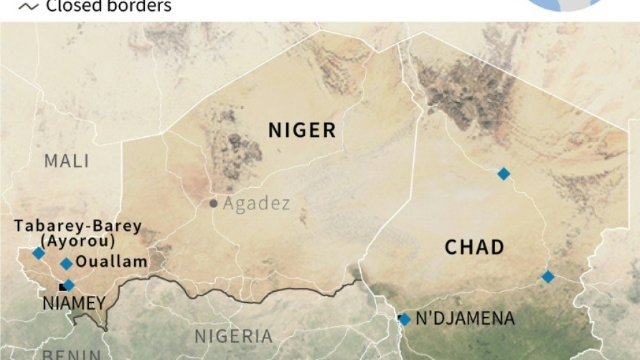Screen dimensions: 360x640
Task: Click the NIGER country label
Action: point(302,130)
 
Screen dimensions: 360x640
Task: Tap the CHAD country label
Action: point(475,247)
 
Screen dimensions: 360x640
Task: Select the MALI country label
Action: point(67,161)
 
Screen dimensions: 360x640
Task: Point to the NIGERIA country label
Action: point(234,336)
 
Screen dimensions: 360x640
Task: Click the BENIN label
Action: point(71,355)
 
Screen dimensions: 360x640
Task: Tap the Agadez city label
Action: point(256,203)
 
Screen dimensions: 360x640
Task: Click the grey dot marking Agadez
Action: point(213,203)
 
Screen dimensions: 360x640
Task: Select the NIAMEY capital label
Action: point(73,304)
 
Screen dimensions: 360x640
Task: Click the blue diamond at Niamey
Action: point(68,285)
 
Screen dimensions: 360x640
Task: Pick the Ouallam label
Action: point(112,261)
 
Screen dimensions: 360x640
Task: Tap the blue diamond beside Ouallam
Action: point(66,263)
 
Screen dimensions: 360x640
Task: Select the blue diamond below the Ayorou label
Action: point(38,253)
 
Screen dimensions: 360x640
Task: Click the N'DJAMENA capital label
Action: point(465,318)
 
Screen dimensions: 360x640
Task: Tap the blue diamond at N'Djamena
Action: point(404,318)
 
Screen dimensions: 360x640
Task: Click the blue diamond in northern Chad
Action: point(503,174)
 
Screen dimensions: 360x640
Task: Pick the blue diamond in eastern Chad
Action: point(548,276)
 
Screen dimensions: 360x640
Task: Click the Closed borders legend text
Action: point(108,7)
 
